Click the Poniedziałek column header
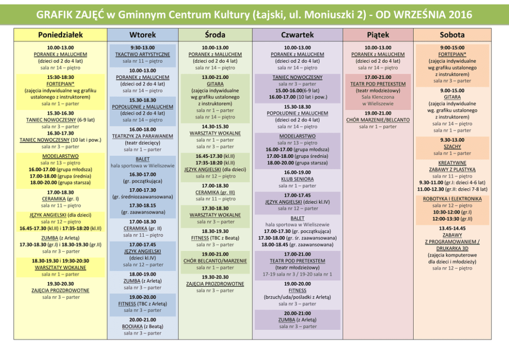(60, 35)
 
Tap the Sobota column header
(452, 35)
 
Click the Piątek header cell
(378, 35)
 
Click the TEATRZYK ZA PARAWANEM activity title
(143, 136)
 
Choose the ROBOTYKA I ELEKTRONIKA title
(452, 198)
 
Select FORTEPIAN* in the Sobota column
(452, 54)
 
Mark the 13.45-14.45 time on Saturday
(452, 228)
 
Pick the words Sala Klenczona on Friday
(378, 97)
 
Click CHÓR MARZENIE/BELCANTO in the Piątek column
(378, 119)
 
